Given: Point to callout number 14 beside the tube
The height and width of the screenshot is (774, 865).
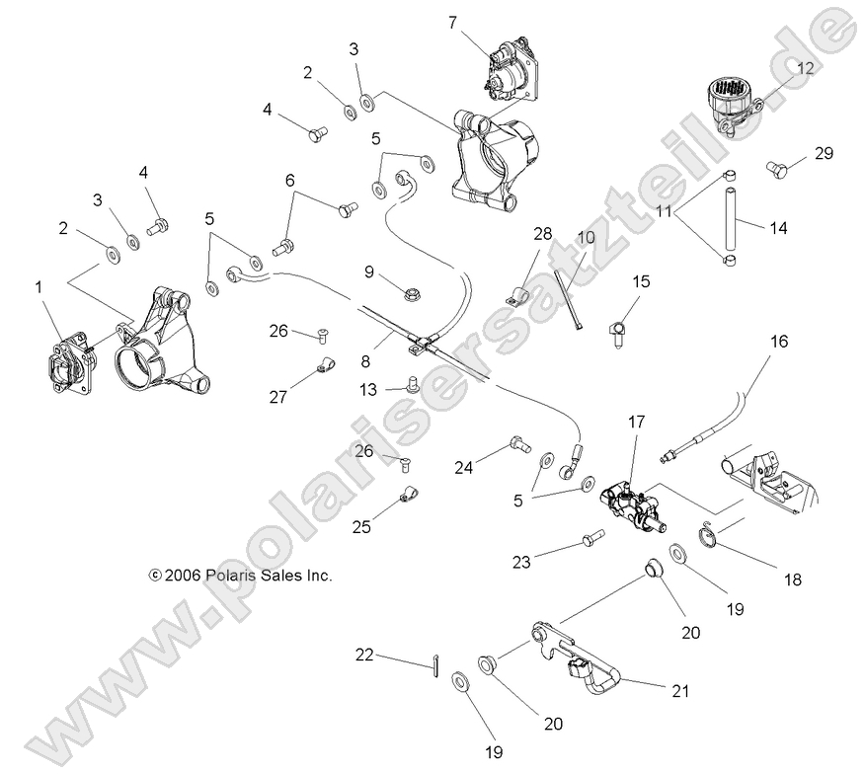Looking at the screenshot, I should click(x=779, y=227).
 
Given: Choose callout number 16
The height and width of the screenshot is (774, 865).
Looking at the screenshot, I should click(x=779, y=342).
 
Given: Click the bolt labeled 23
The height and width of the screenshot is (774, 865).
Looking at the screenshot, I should click(x=590, y=540).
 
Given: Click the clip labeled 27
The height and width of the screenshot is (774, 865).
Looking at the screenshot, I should click(x=320, y=370).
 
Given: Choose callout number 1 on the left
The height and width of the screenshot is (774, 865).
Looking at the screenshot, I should click(x=39, y=286).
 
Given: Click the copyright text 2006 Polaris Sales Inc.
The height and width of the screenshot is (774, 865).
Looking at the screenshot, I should click(x=239, y=575).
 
